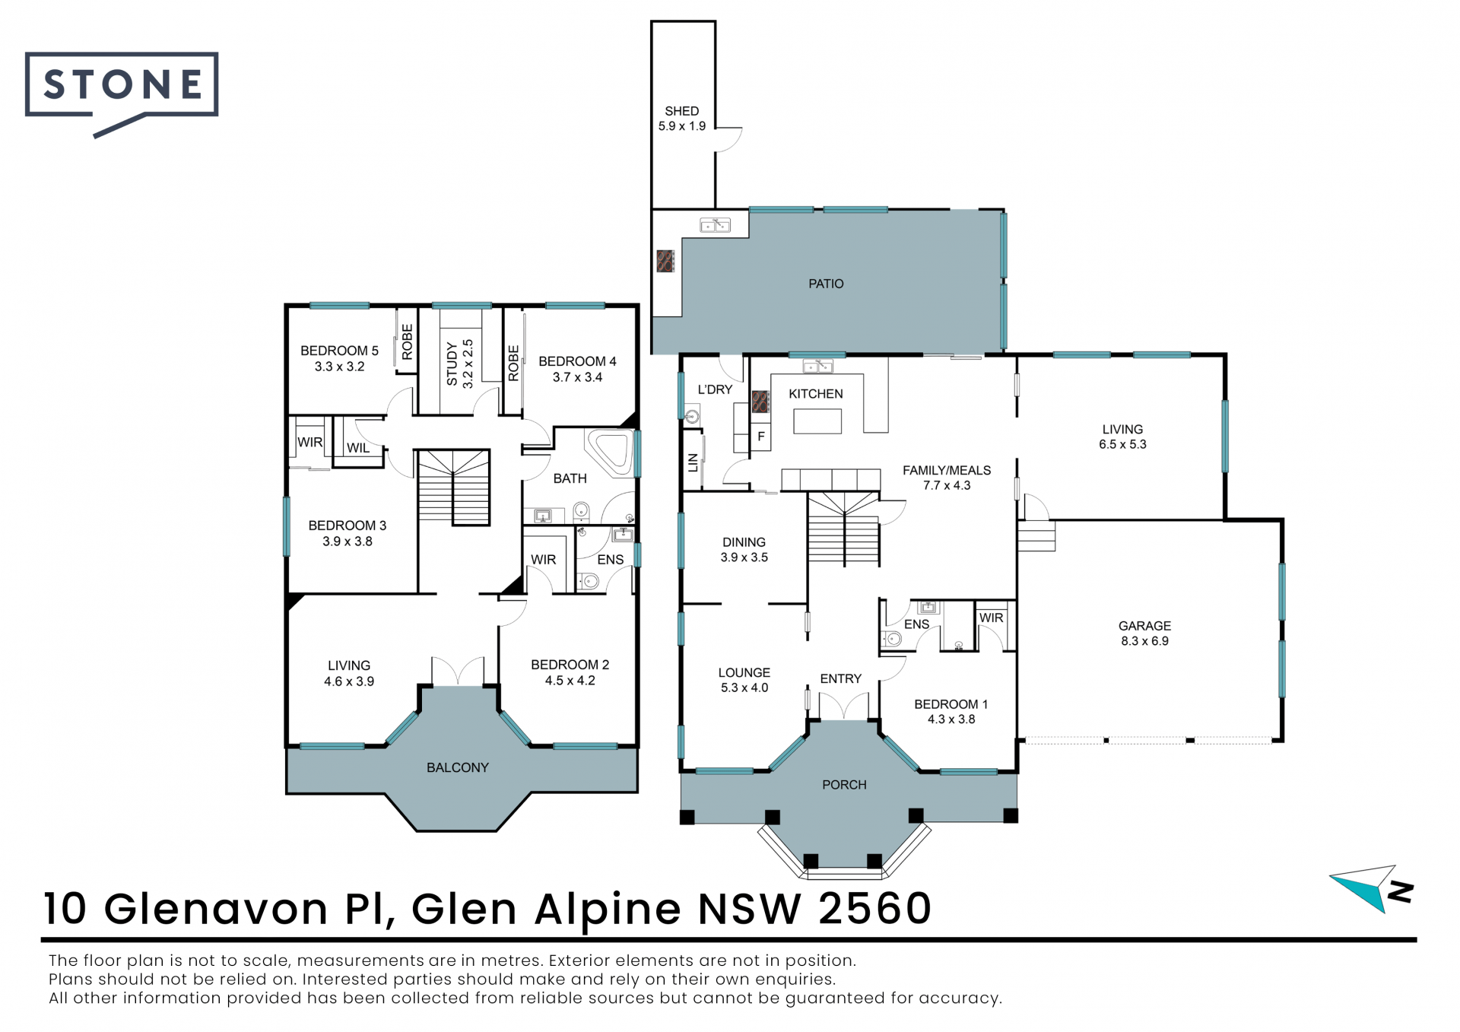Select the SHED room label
682,111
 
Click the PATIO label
826,284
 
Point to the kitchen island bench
817,421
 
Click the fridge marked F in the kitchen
760,437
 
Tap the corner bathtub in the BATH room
609,454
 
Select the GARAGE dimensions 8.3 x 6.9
1144,641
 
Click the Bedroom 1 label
951,704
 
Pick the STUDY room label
452,364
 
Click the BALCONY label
458,767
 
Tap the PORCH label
844,785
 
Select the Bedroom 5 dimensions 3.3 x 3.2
339,367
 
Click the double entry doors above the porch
843,707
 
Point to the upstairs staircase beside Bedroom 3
453,487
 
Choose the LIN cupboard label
693,462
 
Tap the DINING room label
744,542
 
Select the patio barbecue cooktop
665,261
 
